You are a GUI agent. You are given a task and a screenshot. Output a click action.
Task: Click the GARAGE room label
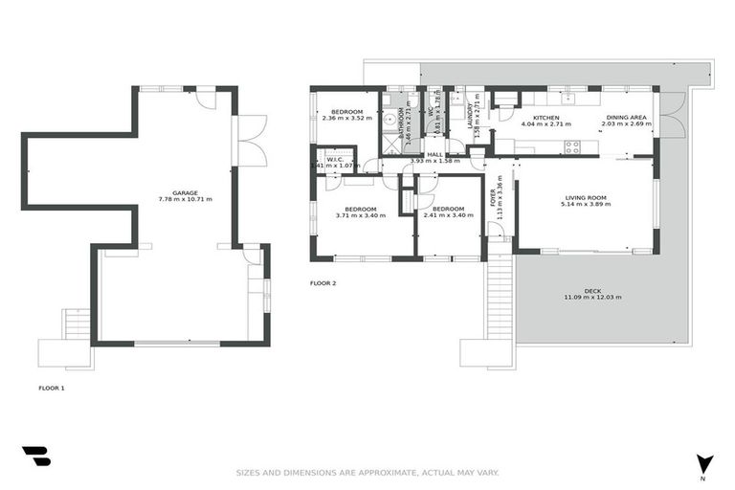pyautogui.click(x=186, y=192)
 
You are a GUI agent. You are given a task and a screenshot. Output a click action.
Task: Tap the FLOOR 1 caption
pyautogui.click(x=52, y=388)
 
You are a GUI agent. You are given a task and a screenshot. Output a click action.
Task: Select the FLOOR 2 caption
pyautogui.click(x=323, y=283)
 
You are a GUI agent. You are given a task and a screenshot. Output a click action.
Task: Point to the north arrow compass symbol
pyautogui.click(x=703, y=463)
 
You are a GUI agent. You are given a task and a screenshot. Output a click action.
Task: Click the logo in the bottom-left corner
pyautogui.click(x=35, y=456)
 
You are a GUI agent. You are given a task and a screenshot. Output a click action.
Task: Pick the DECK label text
pyautogui.click(x=592, y=291)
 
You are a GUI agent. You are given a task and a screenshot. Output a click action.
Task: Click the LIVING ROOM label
pyautogui.click(x=583, y=198)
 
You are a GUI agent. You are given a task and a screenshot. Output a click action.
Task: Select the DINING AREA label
pyautogui.click(x=626, y=118)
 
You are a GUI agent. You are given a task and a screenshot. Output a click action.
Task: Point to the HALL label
pyautogui.click(x=435, y=154)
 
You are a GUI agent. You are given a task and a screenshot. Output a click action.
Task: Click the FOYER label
pyautogui.click(x=495, y=195)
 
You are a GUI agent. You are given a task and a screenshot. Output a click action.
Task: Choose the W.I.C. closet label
pyautogui.click(x=335, y=159)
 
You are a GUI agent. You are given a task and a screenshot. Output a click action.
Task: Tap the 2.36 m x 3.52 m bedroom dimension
pyautogui.click(x=345, y=118)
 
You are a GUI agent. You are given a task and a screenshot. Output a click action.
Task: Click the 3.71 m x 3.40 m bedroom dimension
pyautogui.click(x=361, y=215)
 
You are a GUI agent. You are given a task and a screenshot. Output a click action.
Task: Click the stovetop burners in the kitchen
pyautogui.click(x=573, y=146)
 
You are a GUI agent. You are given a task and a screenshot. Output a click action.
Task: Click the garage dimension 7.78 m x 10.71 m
pyautogui.click(x=186, y=199)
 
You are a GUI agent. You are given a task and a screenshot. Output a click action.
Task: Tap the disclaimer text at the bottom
pyautogui.click(x=367, y=472)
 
